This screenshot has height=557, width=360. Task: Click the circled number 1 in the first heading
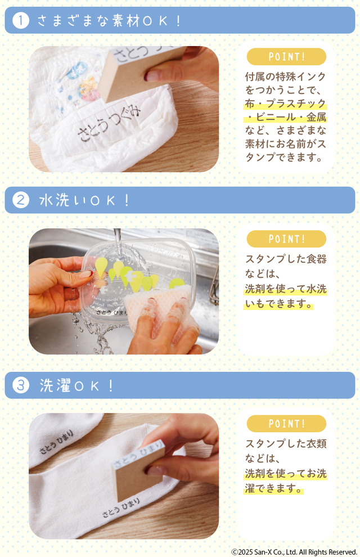click(x=21, y=21)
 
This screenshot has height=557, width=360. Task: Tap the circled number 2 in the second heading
click(x=21, y=200)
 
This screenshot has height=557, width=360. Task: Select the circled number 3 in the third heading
click(x=21, y=385)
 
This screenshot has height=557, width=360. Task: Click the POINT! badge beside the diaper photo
click(x=286, y=57)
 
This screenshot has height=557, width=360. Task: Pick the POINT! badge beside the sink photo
click(x=286, y=239)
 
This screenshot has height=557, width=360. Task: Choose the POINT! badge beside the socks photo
click(x=286, y=424)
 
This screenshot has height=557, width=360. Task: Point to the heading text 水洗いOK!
click(x=85, y=200)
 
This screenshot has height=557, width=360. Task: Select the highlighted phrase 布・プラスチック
click(x=285, y=104)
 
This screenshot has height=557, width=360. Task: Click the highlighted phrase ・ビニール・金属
click(x=285, y=117)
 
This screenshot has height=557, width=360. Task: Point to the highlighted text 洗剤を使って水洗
click(x=285, y=289)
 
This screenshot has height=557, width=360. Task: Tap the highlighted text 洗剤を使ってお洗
click(x=285, y=474)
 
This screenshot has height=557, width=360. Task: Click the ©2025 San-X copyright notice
click(x=294, y=552)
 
